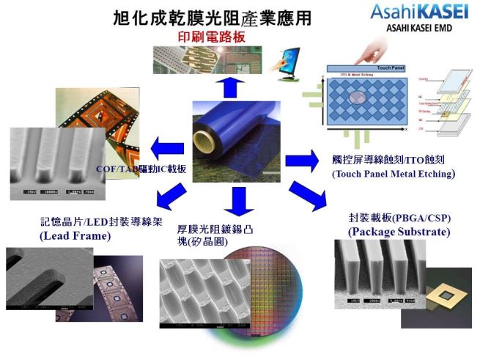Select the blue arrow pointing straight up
point(231,85)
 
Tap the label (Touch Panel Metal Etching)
point(393,174)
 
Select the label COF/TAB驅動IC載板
point(141,169)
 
